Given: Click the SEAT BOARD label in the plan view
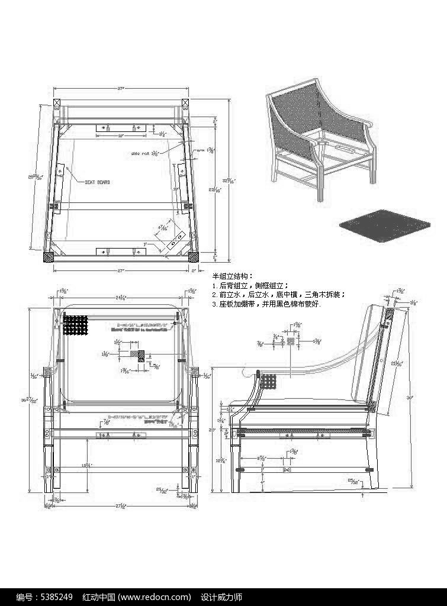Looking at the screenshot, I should (98, 182).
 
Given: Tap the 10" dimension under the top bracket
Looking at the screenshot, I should (120, 136).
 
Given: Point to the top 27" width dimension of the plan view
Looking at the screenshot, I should (120, 89).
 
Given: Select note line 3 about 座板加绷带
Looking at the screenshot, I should (265, 304).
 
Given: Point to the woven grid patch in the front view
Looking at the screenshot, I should (75, 325).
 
